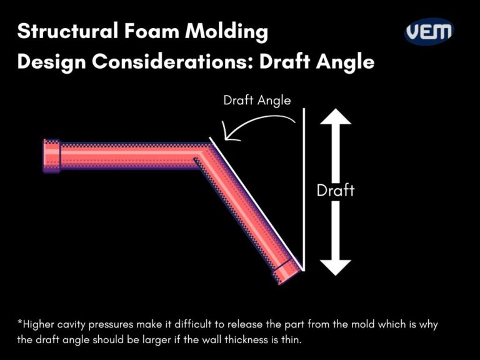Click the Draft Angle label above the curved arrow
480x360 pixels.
[257, 99]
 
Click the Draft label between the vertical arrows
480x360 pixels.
[336, 190]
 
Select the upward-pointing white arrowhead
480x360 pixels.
[336, 119]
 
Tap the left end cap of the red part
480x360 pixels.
[51, 155]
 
